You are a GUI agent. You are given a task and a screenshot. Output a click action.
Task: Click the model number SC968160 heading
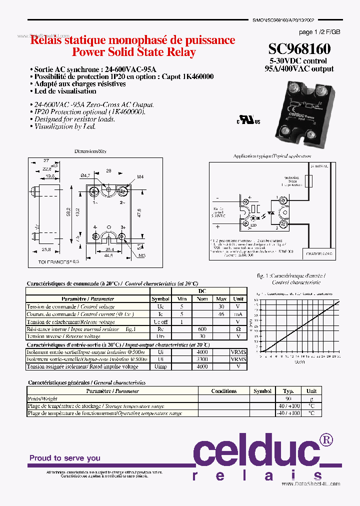tap(299, 49)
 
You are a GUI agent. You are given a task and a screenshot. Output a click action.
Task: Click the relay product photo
tap(304, 110)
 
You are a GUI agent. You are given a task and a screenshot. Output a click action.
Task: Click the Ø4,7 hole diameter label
tap(85, 175)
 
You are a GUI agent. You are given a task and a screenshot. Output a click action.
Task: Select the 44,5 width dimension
tap(108, 255)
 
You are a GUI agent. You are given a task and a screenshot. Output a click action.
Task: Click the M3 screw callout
tap(142, 255)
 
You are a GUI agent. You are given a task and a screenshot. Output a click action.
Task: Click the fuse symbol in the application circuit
tap(308, 181)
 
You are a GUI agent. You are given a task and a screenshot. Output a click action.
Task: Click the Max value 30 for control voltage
tap(220, 306)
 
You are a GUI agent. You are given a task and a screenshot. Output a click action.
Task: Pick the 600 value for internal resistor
tap(201, 329)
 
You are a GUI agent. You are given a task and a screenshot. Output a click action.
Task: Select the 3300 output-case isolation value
tap(201, 359)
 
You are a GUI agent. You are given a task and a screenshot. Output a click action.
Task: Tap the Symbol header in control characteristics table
tap(160, 298)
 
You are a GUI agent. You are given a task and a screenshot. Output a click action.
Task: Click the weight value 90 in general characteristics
tap(288, 398)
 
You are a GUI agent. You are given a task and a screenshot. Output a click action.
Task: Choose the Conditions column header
tap(223, 391)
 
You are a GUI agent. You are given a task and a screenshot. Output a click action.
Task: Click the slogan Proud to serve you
tap(64, 458)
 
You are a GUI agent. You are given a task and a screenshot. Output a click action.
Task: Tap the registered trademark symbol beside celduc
tap(326, 439)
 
